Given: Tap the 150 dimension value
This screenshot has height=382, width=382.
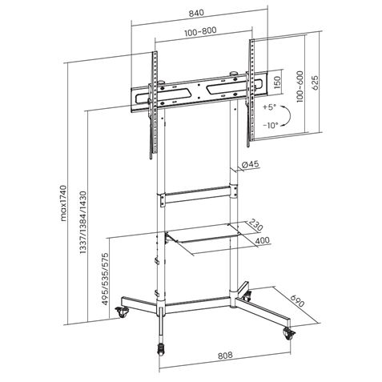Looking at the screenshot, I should coord(277,82).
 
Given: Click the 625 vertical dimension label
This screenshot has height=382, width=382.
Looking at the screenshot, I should coord(317,82).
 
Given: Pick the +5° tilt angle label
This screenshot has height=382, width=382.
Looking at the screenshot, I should coord(268,107).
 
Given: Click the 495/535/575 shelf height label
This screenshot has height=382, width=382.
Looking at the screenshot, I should coord(104,275).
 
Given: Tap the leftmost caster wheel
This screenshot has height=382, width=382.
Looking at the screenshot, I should coord(122,313).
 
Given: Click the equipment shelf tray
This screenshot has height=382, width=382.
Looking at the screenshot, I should coord(203,238).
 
